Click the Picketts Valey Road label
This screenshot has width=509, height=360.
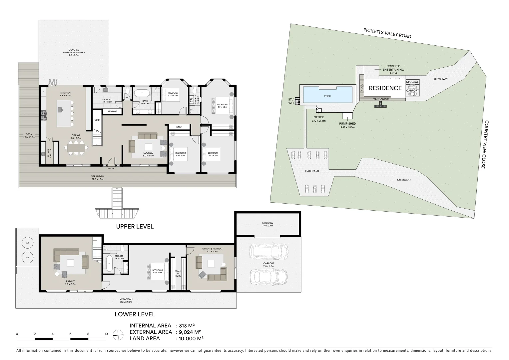click(387, 33)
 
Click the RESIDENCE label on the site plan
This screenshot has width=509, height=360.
click(385, 88)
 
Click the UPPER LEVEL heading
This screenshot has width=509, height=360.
click(135, 227)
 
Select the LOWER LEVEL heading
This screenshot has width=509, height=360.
click(135, 314)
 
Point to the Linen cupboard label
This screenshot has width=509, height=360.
click(179, 127)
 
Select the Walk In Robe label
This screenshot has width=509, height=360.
click(178, 274)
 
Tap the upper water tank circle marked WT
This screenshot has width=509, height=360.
click(28, 243)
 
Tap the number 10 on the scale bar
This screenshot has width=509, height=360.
click(106, 334)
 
